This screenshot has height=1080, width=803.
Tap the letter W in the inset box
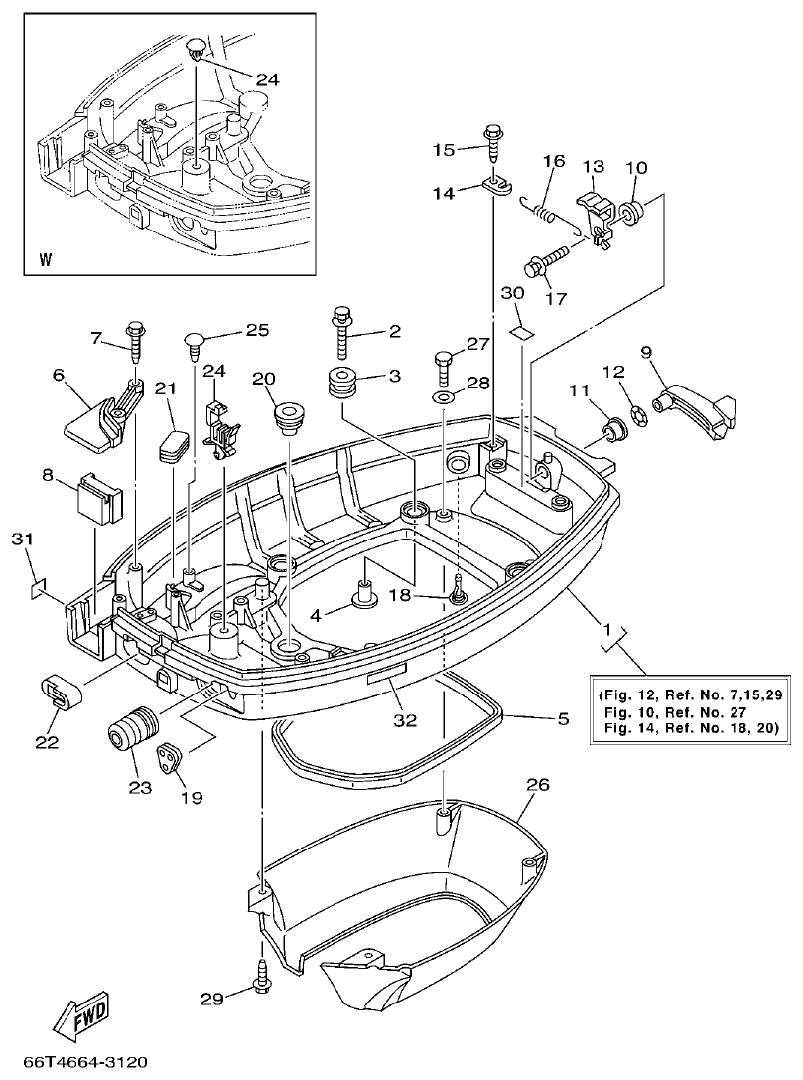[x=46, y=261]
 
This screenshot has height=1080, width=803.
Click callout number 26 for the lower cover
[x=536, y=786]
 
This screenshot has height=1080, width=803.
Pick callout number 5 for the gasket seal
[x=562, y=717]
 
